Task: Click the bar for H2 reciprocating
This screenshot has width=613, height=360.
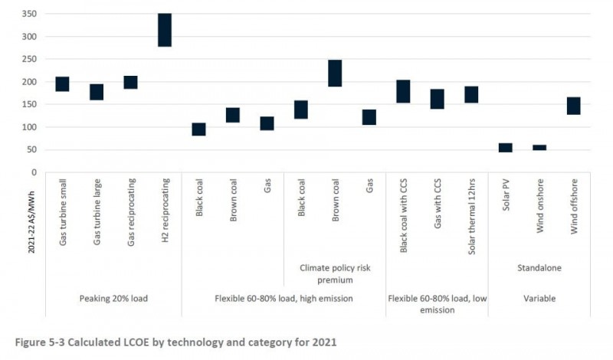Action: [x=165, y=30]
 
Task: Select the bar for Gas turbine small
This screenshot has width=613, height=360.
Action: [x=62, y=84]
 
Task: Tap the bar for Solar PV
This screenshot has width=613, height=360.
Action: [x=505, y=148]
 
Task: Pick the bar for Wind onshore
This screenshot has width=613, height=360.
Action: [x=539, y=147]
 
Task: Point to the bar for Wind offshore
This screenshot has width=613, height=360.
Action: [x=573, y=106]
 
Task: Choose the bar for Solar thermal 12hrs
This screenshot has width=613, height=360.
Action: [x=471, y=94]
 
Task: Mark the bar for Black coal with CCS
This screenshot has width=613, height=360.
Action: [x=403, y=91]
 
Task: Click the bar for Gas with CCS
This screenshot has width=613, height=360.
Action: [x=437, y=99]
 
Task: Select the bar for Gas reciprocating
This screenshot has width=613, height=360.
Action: [x=130, y=83]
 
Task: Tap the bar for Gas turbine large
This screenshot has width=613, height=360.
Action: [x=97, y=92]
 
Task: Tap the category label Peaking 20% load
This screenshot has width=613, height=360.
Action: [x=113, y=299]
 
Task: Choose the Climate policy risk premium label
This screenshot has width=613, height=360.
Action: [x=335, y=274]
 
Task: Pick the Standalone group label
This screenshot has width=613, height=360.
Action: [x=539, y=268]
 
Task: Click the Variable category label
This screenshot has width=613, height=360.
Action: [x=539, y=299]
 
